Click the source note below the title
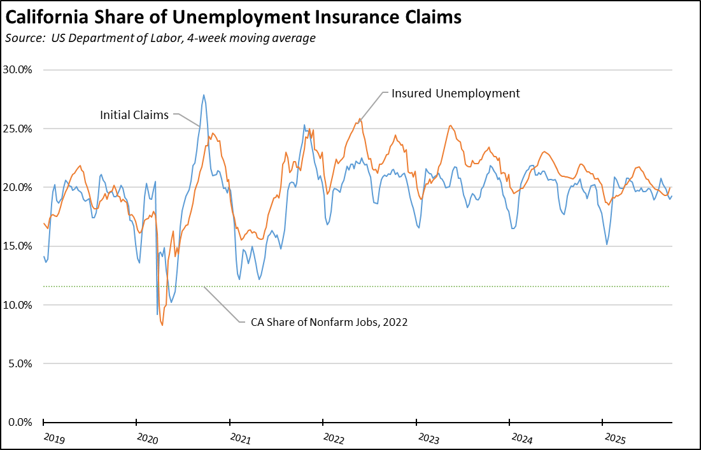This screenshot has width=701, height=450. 160,38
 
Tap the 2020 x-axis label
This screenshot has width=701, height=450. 148,438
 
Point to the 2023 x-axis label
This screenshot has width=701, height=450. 428,438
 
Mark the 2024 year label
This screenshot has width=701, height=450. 521,438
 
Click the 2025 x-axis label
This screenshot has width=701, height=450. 615,438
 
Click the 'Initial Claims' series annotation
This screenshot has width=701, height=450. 134,115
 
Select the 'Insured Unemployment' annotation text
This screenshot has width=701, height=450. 455,94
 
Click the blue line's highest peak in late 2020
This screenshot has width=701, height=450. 204,95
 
